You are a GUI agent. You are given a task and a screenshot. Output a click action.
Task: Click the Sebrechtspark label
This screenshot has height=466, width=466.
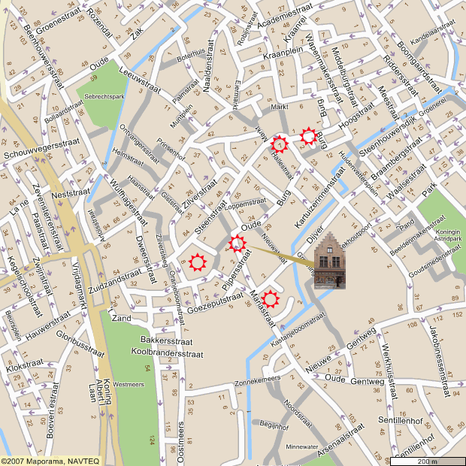tap(104, 97)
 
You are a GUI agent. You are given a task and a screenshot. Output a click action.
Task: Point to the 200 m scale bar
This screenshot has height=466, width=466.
tap(428, 459)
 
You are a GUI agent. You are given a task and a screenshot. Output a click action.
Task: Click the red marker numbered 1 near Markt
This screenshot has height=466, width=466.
tap(280, 143)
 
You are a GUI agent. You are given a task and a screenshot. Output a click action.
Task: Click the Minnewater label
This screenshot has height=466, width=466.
tap(302, 446)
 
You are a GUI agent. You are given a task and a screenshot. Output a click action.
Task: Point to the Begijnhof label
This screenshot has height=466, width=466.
tap(274, 426)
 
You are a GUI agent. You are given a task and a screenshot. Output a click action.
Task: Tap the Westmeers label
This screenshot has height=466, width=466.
tap(128, 384)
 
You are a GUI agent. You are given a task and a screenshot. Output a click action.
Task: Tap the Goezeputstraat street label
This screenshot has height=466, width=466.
tap(215, 304)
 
